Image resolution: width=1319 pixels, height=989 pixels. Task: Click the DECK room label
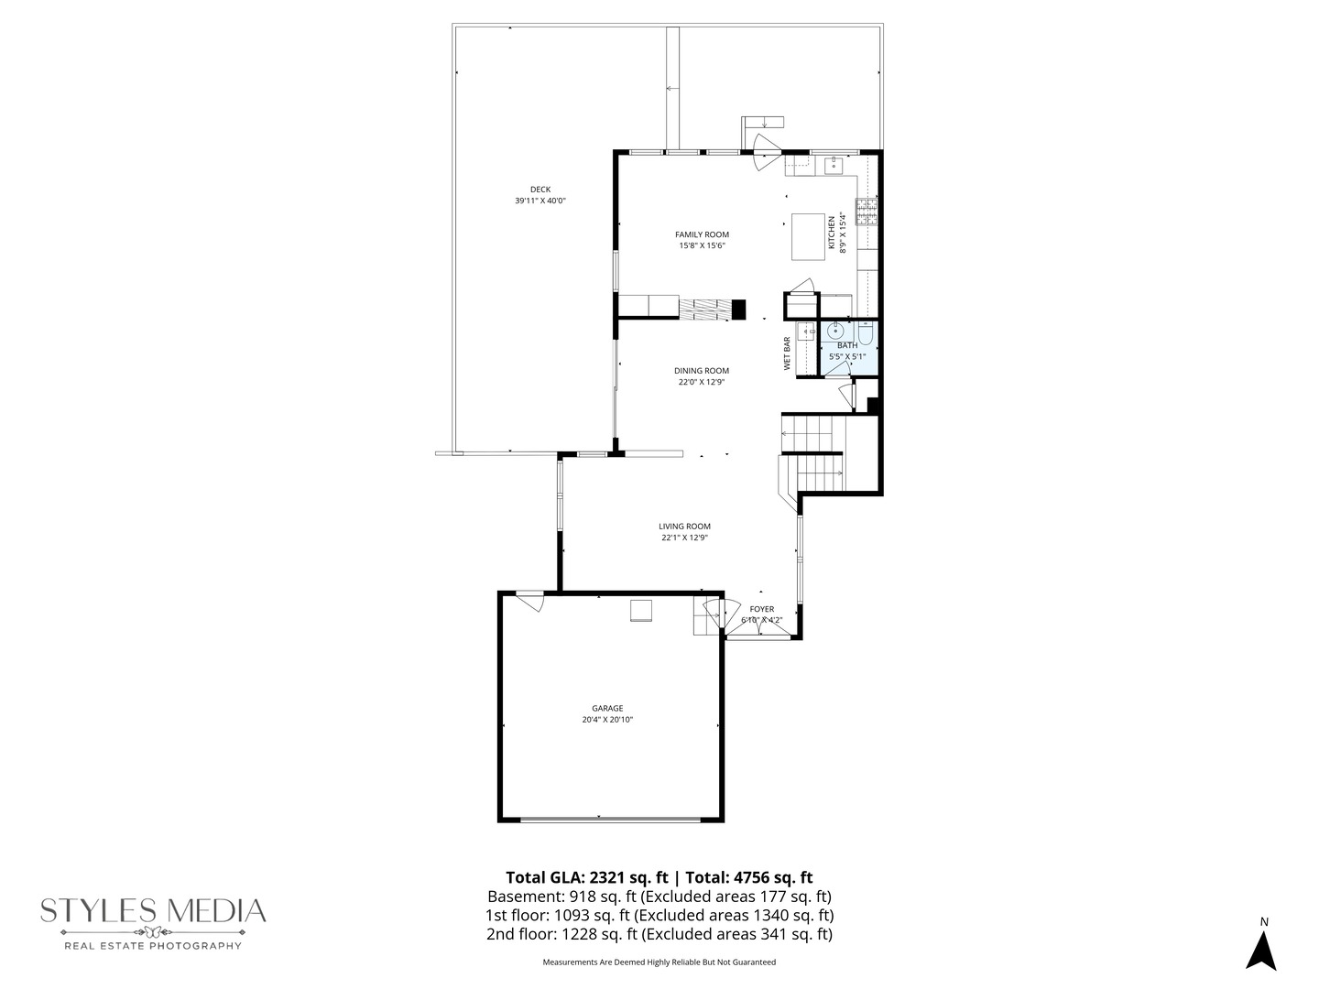[x=540, y=190]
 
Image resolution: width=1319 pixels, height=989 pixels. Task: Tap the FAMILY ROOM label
[x=702, y=234]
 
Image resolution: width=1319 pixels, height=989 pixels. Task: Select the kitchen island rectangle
[x=808, y=236]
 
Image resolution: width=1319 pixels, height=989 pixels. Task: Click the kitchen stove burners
[x=867, y=212]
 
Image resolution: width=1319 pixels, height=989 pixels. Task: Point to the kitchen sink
[x=834, y=166]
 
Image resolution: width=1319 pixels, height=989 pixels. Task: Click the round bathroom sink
[x=836, y=331]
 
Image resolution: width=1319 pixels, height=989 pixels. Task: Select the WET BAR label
[x=787, y=353]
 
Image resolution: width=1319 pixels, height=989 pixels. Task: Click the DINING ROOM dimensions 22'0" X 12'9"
[x=702, y=383]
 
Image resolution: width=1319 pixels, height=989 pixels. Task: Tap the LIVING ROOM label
[x=684, y=527]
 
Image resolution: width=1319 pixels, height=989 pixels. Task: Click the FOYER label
[x=761, y=609]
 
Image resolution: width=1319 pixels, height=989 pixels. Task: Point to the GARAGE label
[x=607, y=708]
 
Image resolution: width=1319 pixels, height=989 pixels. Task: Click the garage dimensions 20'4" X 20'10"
[x=607, y=720]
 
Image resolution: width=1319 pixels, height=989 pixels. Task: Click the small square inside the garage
[x=640, y=611]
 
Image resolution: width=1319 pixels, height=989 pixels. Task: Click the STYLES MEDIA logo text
[x=153, y=911]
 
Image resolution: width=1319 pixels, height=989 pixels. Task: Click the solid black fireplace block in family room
[x=738, y=310]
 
